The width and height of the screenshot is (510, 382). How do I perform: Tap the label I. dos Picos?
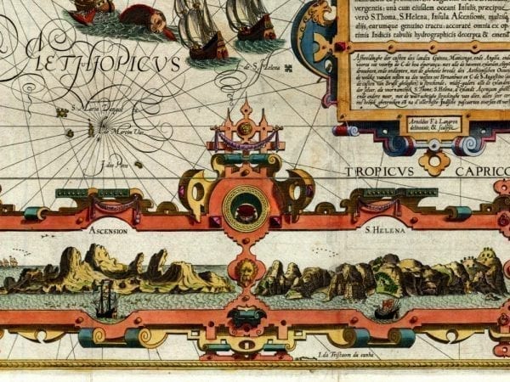pyautogui.click(x=112, y=163)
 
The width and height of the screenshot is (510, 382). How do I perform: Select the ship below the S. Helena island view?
pyautogui.click(x=387, y=306)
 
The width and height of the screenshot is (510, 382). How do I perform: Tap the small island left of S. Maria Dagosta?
pyautogui.click(x=60, y=111)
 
